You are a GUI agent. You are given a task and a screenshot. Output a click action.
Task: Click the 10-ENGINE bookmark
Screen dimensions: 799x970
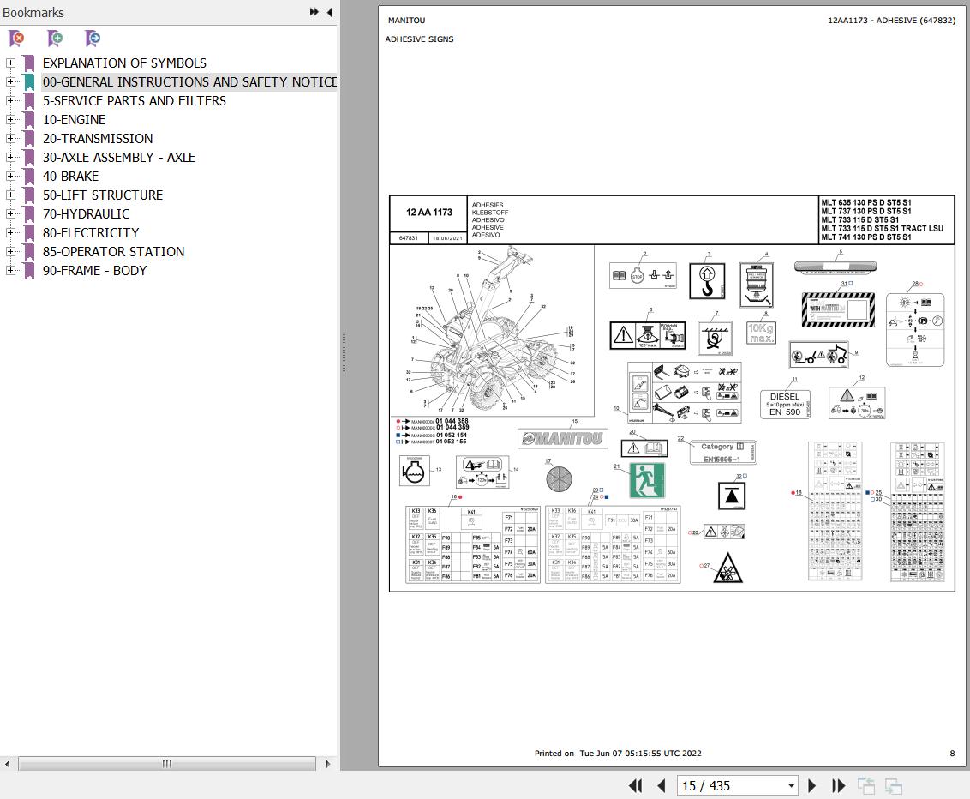74,120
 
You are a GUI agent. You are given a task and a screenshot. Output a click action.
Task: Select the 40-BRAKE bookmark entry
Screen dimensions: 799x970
70,177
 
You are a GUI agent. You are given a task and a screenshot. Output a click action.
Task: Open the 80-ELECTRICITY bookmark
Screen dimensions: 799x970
90,233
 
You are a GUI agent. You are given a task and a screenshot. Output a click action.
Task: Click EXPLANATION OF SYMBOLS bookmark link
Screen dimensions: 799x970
124,63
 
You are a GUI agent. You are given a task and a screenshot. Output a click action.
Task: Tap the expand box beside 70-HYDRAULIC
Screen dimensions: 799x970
10,214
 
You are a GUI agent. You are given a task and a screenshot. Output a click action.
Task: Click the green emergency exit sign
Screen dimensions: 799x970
647,480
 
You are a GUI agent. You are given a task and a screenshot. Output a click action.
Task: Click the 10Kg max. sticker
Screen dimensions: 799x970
761,333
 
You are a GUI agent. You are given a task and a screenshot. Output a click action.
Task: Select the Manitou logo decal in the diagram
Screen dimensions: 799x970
562,439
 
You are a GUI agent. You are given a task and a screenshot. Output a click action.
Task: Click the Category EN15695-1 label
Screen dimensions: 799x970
723,453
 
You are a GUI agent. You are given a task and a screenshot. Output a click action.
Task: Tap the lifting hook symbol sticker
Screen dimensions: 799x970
707,281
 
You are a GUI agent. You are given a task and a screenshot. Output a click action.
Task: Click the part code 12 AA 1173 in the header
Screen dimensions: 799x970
428,213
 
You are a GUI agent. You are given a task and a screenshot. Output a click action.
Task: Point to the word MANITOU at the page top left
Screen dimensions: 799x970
406,21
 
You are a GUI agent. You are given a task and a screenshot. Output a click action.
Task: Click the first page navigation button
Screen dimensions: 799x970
635,785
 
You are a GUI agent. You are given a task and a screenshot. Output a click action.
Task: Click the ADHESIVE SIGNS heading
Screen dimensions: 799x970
419,39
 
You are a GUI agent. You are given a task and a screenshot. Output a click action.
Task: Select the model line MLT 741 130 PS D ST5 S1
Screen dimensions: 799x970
865,237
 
